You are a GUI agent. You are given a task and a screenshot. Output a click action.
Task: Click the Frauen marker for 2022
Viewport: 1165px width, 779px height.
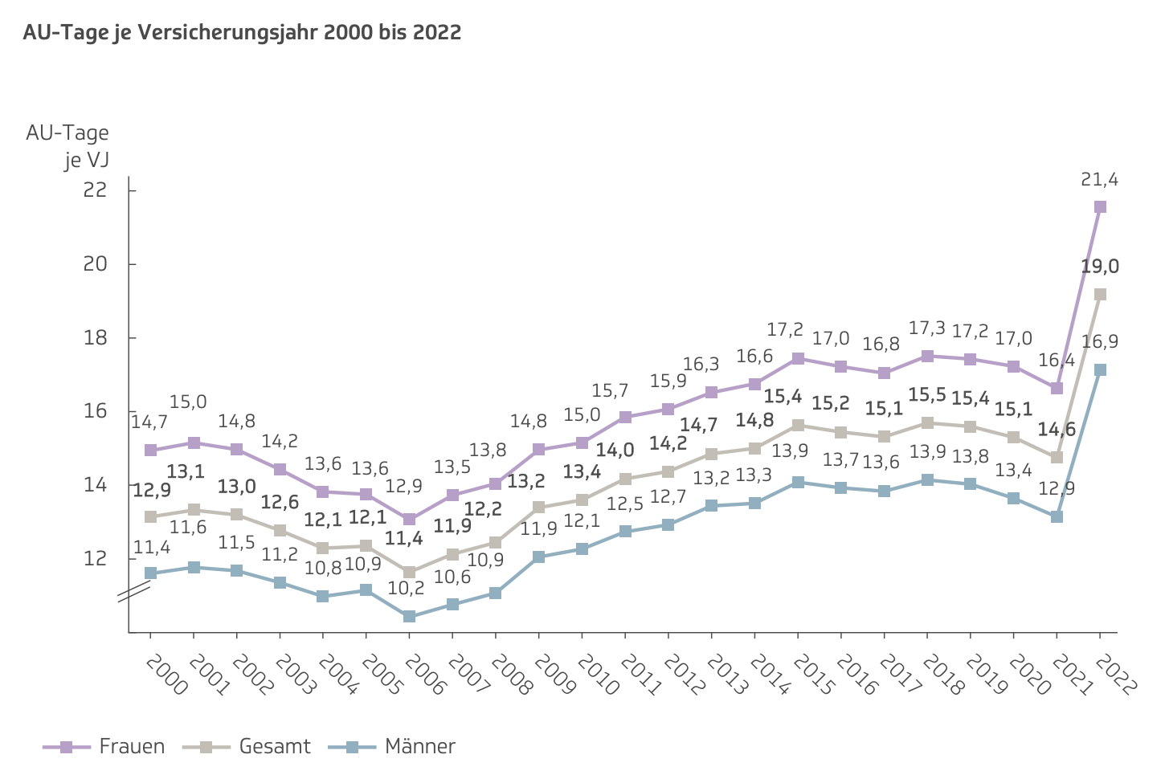point(1100,207)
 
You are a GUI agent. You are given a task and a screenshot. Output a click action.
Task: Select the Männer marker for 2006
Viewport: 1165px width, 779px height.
point(409,617)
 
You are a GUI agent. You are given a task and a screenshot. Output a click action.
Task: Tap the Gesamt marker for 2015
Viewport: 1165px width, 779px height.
point(798,425)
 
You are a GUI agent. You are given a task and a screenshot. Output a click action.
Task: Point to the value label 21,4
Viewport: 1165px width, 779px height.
point(1099,180)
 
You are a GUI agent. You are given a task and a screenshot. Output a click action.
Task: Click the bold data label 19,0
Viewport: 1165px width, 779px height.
point(1099,267)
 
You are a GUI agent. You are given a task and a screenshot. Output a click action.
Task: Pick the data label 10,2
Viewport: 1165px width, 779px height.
point(406,588)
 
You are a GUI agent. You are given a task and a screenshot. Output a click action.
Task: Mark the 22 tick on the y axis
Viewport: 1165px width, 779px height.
point(96,190)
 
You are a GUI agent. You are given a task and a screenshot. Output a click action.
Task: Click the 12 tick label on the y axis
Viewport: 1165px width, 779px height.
point(96,558)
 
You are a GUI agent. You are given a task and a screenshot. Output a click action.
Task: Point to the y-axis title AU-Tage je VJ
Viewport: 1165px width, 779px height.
point(67,146)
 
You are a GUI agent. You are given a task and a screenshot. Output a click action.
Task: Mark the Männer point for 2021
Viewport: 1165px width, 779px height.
point(1057,516)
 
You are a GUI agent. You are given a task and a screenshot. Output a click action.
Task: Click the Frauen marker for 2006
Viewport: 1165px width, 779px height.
point(409,520)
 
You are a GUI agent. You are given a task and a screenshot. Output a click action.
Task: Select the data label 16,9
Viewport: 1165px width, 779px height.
point(1099,342)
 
